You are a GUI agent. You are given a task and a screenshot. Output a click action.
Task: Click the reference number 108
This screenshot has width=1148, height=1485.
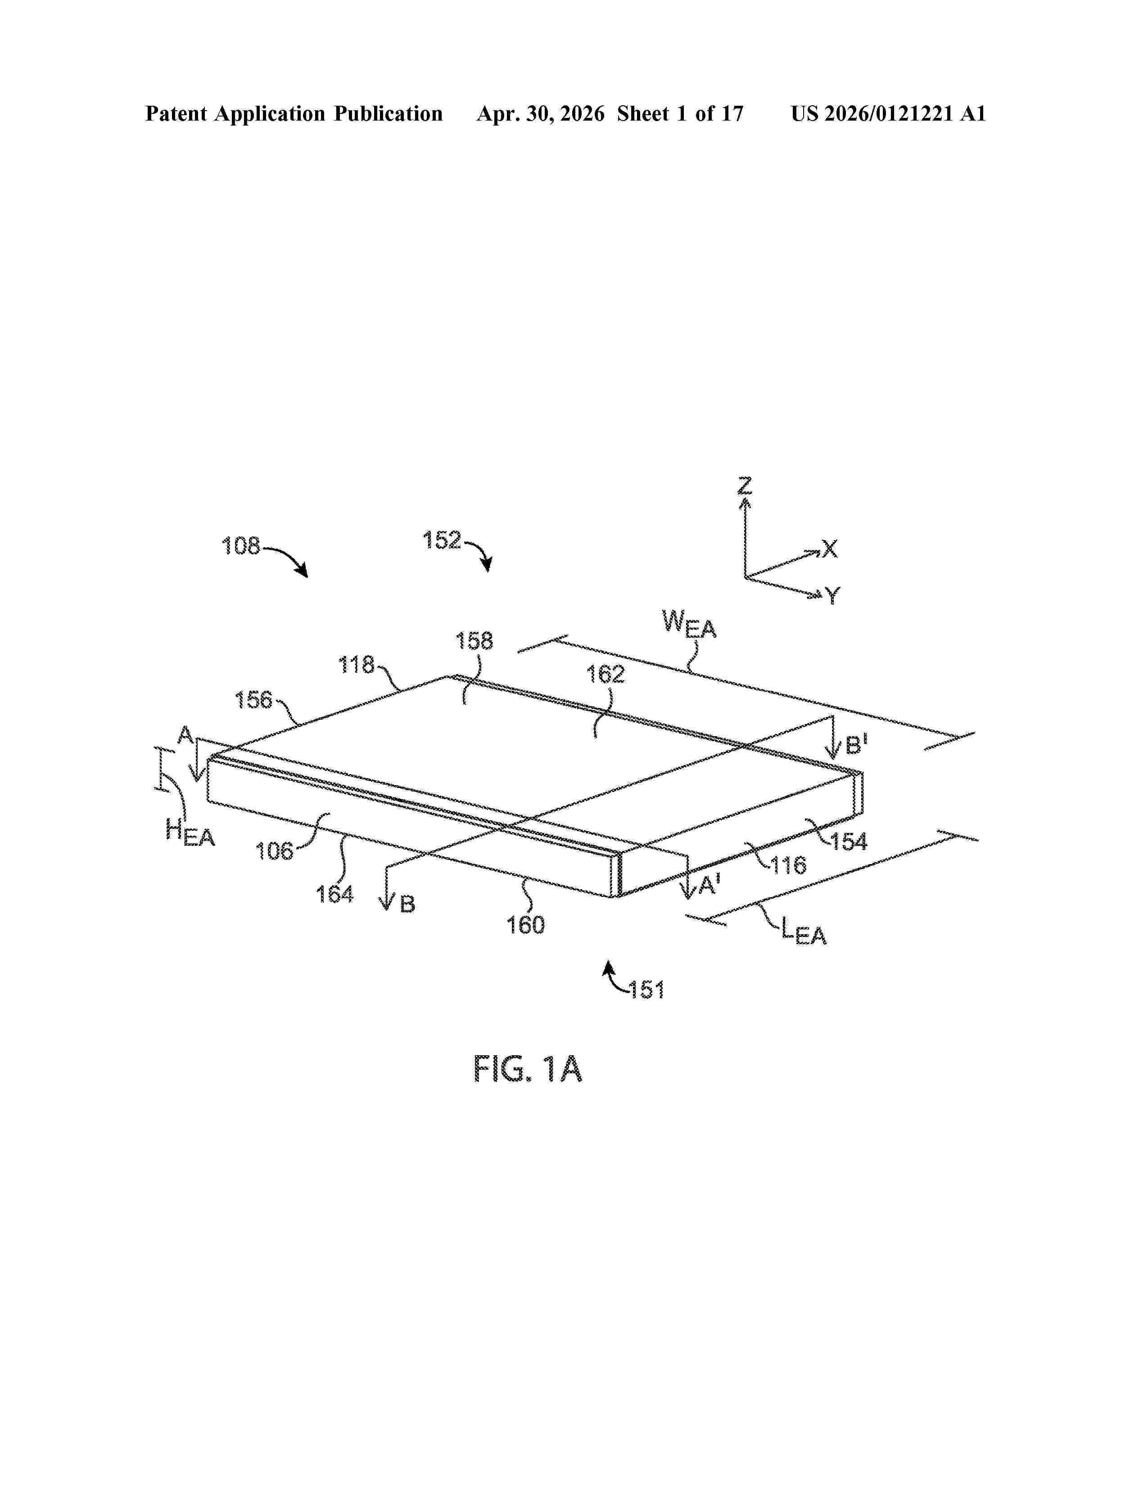pyautogui.click(x=241, y=545)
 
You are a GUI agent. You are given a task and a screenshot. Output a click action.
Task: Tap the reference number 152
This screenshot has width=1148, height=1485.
pyautogui.click(x=442, y=540)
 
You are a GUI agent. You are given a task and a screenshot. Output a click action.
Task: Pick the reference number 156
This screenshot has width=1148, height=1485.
pyautogui.click(x=253, y=700)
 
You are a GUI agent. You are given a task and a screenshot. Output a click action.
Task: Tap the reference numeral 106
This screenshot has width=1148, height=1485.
pyautogui.click(x=275, y=850)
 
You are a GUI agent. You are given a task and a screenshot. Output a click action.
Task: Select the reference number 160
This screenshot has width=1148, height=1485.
pyautogui.click(x=526, y=925)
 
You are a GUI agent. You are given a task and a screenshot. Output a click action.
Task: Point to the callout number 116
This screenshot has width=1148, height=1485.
pyautogui.click(x=788, y=865)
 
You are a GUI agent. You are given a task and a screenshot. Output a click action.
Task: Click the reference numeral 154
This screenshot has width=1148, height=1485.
pyautogui.click(x=849, y=842)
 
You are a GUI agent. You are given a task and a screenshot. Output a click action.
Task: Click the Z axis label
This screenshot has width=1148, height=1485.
pyautogui.click(x=746, y=486)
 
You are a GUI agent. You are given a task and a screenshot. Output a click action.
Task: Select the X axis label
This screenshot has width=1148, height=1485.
pyautogui.click(x=830, y=549)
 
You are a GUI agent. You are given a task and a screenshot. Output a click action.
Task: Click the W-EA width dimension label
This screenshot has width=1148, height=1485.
pyautogui.click(x=689, y=624)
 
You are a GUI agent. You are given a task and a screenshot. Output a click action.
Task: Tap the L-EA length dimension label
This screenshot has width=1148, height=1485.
pyautogui.click(x=804, y=931)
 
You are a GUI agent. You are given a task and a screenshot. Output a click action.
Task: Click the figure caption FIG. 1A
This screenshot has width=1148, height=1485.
pyautogui.click(x=528, y=1068)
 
